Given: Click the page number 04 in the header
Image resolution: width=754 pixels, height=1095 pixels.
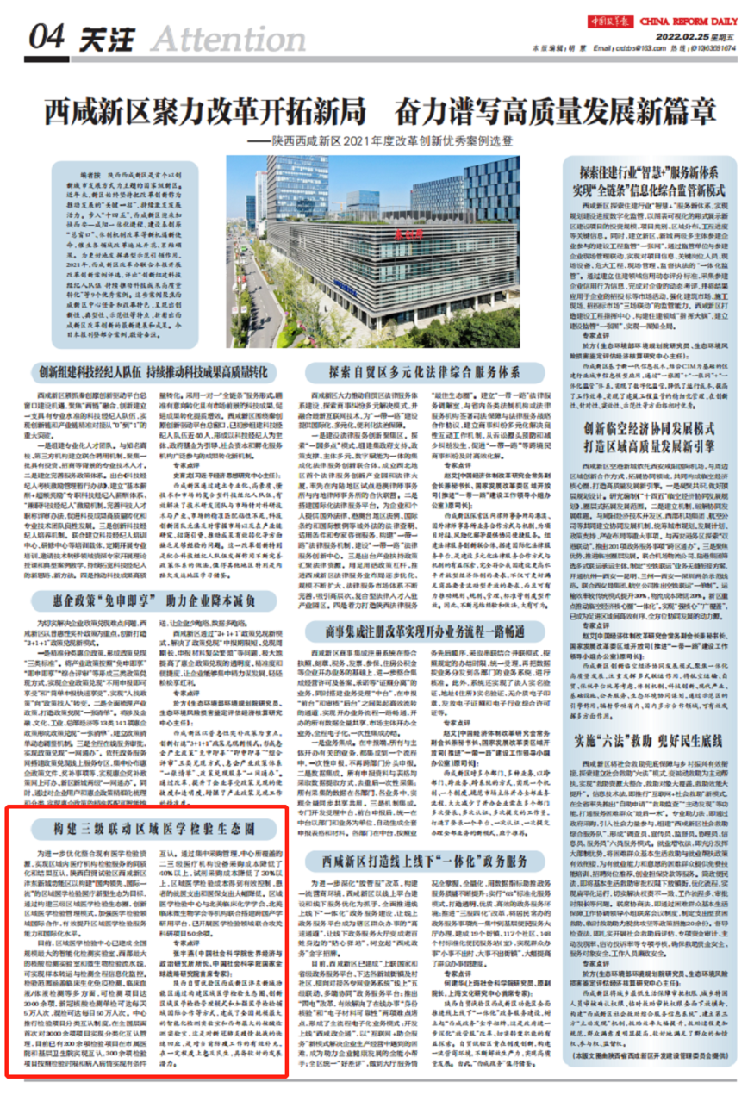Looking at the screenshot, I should (x=42, y=37).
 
